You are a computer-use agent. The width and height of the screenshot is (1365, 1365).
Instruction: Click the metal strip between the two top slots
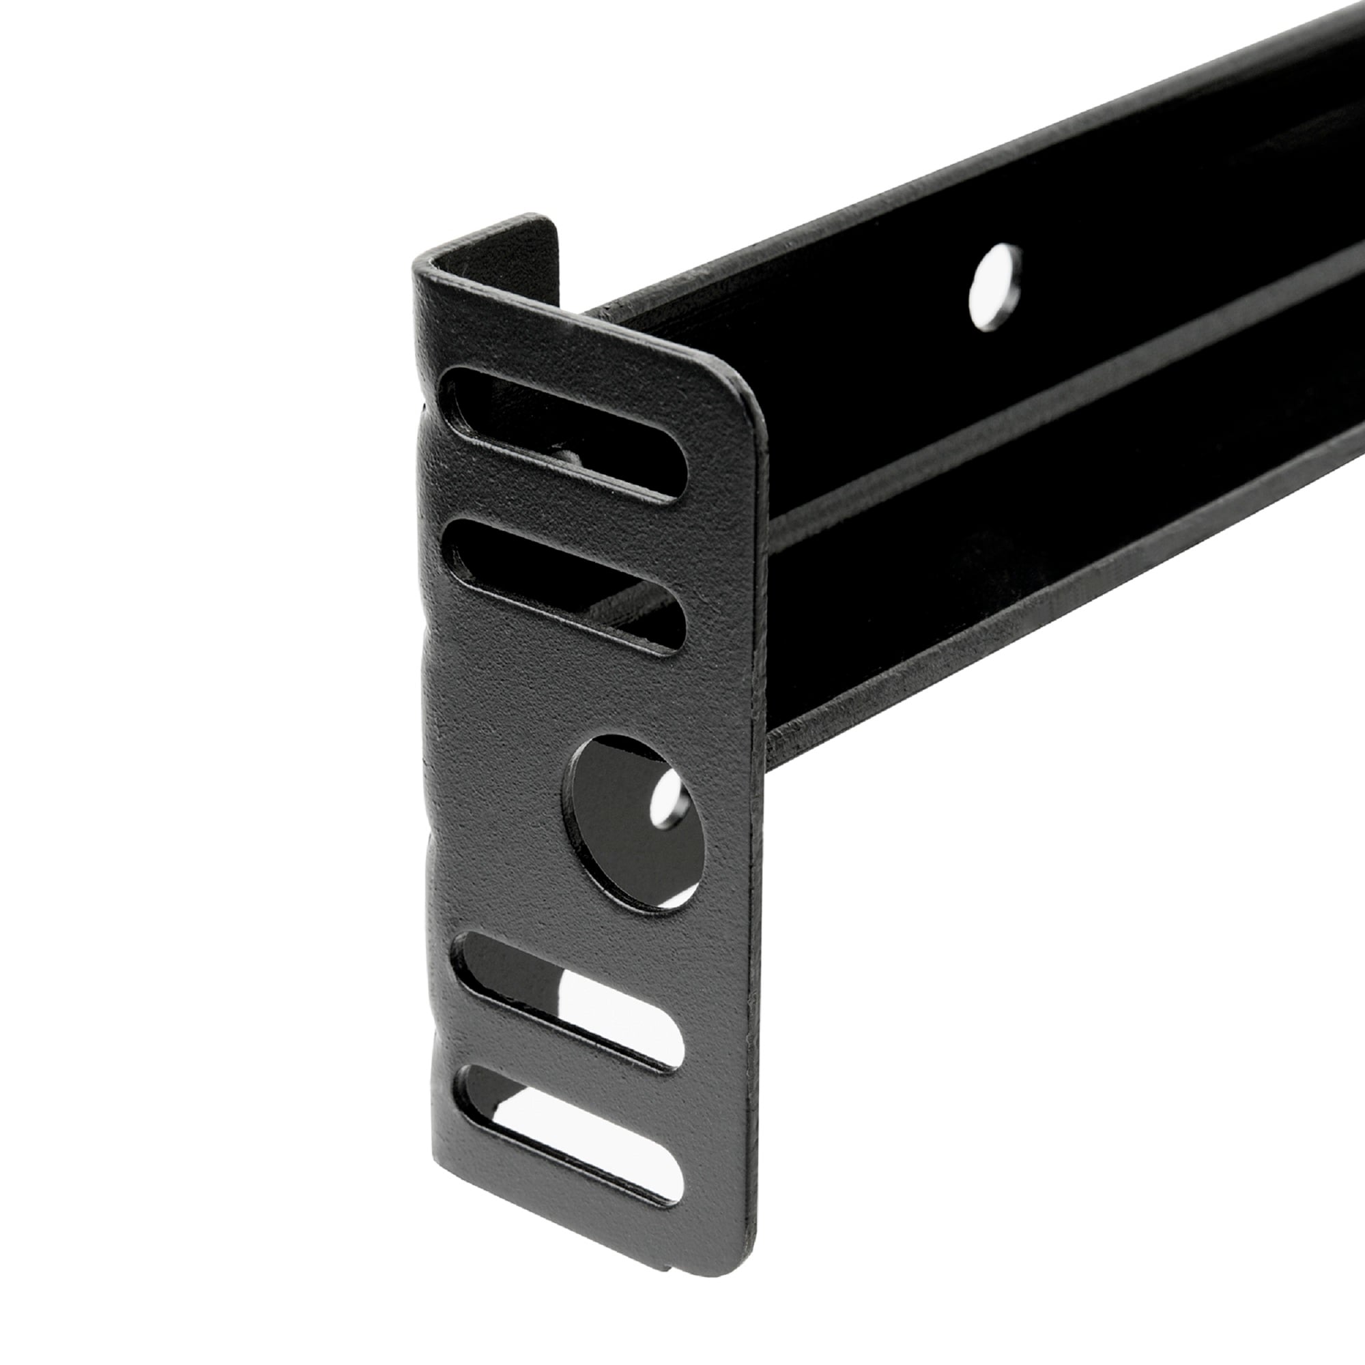click(565, 510)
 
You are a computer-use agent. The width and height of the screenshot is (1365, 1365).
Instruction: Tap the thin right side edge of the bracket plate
click(760, 848)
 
